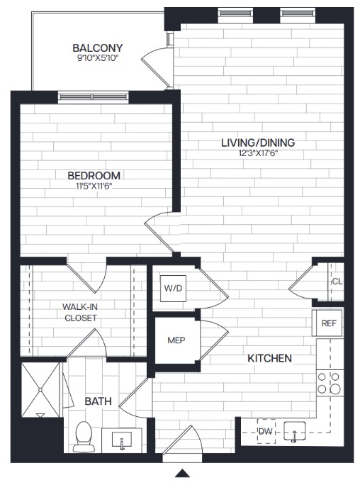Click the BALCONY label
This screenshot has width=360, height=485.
[x=98, y=48]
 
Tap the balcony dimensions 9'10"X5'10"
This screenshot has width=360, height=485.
[x=98, y=58]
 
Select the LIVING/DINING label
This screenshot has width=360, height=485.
[x=258, y=143]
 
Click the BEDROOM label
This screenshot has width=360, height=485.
[x=94, y=176]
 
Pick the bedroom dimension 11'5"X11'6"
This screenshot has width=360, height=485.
[x=94, y=186]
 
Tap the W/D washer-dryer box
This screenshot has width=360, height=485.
[x=173, y=289]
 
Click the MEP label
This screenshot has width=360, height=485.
[x=176, y=340]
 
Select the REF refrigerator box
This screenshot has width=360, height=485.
[x=329, y=323]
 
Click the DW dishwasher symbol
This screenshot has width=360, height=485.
[x=266, y=431]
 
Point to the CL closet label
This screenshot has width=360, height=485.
[x=337, y=281]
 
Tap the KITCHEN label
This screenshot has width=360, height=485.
[x=270, y=358]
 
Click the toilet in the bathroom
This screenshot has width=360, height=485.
[x=84, y=437]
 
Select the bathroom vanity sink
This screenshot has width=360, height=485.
[x=122, y=440]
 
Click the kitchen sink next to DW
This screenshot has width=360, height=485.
[x=295, y=431]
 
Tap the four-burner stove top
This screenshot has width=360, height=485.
[x=329, y=383]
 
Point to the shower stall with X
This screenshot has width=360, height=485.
[x=40, y=390]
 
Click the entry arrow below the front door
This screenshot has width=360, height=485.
[x=182, y=473]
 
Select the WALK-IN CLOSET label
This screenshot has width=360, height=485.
[x=80, y=313]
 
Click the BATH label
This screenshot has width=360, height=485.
[x=98, y=401]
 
